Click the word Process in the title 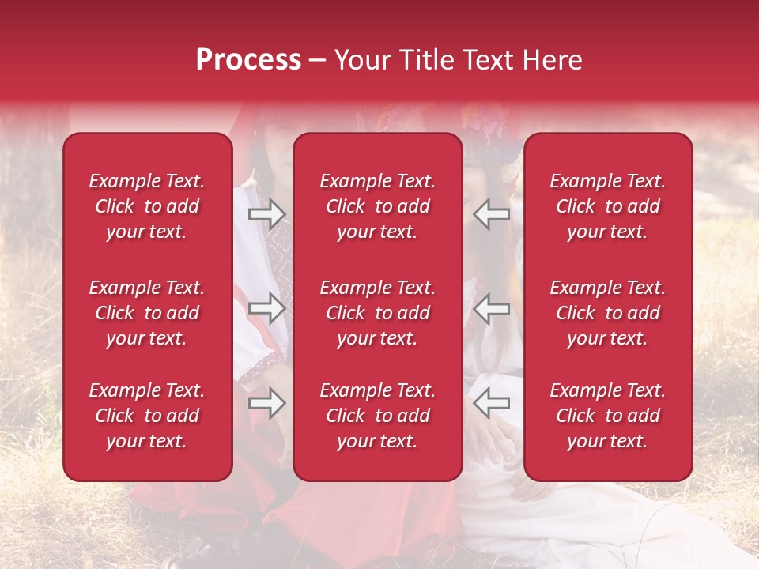click(x=248, y=60)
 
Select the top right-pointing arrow click(x=266, y=213)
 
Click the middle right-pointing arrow click(x=266, y=308)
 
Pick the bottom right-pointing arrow click(x=266, y=404)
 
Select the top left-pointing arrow click(x=492, y=213)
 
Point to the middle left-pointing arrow click(x=492, y=308)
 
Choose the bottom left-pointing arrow click(x=492, y=404)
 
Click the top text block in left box click(x=147, y=206)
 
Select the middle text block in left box click(x=147, y=313)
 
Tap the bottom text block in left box click(x=147, y=416)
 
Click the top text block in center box click(x=378, y=206)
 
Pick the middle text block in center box click(x=378, y=313)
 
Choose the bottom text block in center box click(x=378, y=416)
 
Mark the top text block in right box click(x=608, y=206)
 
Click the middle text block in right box click(x=608, y=313)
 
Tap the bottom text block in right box click(x=608, y=416)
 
